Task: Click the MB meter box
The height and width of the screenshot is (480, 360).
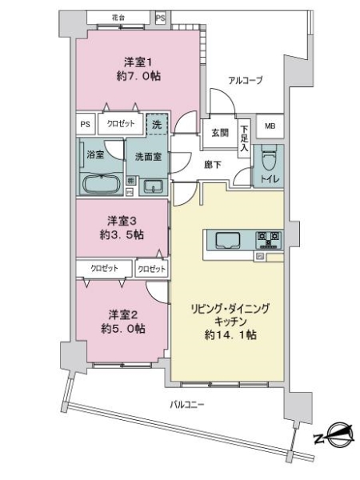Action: click(x=270, y=126)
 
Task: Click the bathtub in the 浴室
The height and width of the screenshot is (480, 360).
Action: click(x=101, y=184)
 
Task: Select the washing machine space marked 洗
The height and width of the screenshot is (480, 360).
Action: click(x=158, y=125)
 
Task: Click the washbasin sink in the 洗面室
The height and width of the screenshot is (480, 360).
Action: click(x=153, y=187)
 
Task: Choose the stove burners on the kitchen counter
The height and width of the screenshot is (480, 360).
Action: click(x=267, y=238)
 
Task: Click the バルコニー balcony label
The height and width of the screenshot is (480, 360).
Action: click(x=188, y=404)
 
